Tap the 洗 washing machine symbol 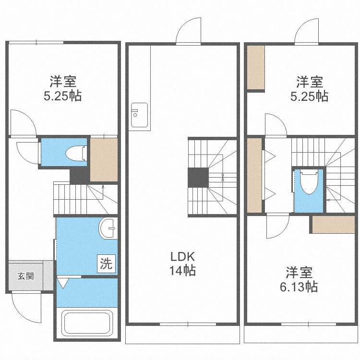(x=106, y=264)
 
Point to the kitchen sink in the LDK (x=139, y=115)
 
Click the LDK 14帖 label (x=182, y=264)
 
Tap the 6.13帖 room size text (x=299, y=287)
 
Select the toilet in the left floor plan (x=76, y=153)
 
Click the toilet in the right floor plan (x=309, y=182)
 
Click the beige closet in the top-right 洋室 (x=255, y=67)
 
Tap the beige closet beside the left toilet (x=104, y=159)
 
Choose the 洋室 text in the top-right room (x=309, y=82)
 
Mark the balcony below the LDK (x=182, y=334)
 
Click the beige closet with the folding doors (x=254, y=175)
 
